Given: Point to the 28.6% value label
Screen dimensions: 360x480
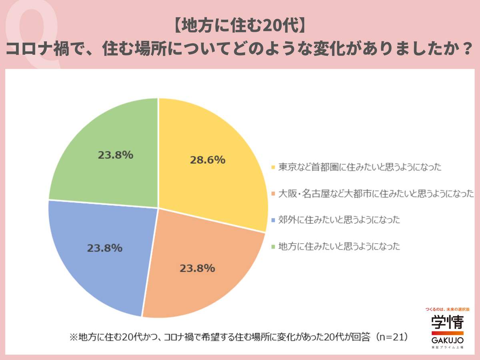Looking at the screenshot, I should (x=207, y=160).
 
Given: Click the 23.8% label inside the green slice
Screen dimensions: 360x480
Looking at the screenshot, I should (x=115, y=155).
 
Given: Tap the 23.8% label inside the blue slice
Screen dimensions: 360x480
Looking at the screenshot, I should (x=104, y=248).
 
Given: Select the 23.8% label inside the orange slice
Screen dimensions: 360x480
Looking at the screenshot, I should (x=197, y=268).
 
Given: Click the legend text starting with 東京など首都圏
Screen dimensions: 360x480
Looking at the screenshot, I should (x=360, y=167).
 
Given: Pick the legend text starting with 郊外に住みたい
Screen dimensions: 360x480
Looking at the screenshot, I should (x=339, y=220).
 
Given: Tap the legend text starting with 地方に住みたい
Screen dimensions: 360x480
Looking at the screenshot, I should (x=339, y=246).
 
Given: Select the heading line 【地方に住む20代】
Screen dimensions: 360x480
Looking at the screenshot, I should (x=240, y=27).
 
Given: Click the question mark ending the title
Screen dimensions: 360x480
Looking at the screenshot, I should (x=465, y=50).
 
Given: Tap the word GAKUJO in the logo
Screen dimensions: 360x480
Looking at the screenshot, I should (x=448, y=340).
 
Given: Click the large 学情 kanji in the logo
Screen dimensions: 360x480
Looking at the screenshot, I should (x=447, y=322).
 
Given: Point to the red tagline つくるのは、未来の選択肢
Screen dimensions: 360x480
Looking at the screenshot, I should (x=447, y=310).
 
